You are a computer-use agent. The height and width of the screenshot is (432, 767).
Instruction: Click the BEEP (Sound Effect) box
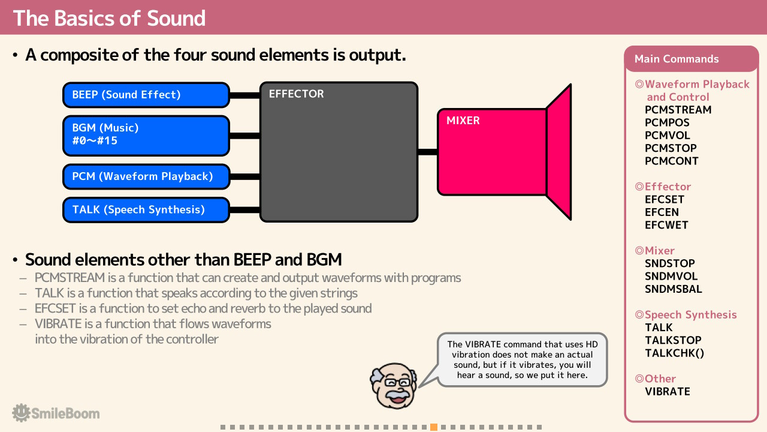(146, 95)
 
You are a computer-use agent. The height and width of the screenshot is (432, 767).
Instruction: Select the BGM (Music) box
(146, 136)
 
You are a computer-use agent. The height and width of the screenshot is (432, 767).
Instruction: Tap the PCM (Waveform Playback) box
(146, 176)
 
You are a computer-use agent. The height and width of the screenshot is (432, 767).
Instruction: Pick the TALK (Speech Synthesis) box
(146, 210)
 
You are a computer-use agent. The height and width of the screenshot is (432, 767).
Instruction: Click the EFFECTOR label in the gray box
(296, 94)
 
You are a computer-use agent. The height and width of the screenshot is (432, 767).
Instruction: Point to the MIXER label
(463, 121)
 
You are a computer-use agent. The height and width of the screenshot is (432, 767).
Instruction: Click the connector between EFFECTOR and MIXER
(428, 152)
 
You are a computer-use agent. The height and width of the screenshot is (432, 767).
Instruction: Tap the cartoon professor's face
(394, 386)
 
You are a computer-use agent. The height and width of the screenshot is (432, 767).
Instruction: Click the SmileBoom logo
(56, 413)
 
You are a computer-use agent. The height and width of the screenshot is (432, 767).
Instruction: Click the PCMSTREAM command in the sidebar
(678, 110)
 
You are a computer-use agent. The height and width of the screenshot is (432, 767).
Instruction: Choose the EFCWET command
(666, 225)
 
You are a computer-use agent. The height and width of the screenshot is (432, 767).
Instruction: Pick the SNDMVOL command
(671, 277)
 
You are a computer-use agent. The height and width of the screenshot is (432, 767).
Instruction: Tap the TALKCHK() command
(675, 353)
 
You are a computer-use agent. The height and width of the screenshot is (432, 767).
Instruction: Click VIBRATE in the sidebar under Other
(668, 392)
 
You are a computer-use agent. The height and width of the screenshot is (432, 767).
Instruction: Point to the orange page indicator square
(434, 427)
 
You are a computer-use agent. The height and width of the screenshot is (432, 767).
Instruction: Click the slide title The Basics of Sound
(109, 18)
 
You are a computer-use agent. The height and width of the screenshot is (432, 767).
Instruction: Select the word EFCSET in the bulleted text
(55, 308)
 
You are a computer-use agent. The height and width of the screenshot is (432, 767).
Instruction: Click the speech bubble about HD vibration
(522, 359)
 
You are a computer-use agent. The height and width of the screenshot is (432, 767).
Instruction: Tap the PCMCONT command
(672, 161)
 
